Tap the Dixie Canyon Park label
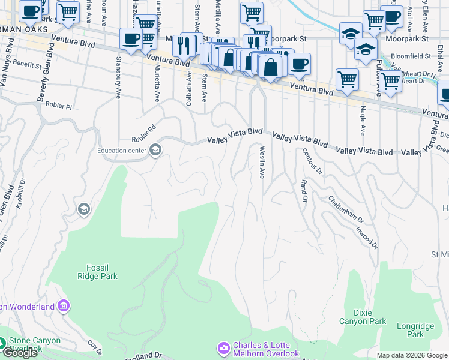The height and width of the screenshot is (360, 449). point(363,317)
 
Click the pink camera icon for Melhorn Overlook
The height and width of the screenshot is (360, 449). point(223,348)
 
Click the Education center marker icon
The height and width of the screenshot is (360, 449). point(155,150)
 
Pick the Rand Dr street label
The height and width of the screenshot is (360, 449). point(304,191)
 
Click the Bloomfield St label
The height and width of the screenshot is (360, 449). point(411,56)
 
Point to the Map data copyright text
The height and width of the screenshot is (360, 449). point(411,355)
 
